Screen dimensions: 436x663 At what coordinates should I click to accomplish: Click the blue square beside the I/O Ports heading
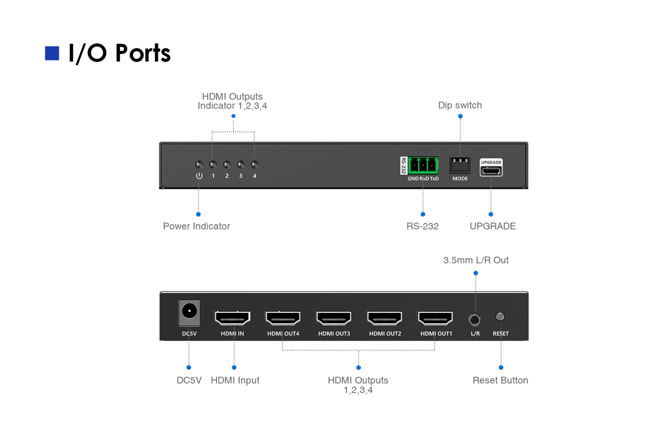pyautogui.click(x=52, y=53)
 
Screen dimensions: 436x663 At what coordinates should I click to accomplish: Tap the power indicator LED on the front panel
pyautogui.click(x=199, y=165)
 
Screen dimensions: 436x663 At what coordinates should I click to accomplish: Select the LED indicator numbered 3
pyautogui.click(x=240, y=165)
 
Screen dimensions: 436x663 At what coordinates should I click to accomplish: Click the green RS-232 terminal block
pyautogui.click(x=423, y=165)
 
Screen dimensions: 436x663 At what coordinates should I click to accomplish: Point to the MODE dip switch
pyautogui.click(x=460, y=165)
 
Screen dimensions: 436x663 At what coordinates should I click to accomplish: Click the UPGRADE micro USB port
pyautogui.click(x=491, y=170)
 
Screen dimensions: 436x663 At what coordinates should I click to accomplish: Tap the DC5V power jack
pyautogui.click(x=189, y=312)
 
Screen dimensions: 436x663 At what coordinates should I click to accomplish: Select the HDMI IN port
pyautogui.click(x=232, y=318)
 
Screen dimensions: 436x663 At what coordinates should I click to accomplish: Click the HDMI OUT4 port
pyautogui.click(x=283, y=318)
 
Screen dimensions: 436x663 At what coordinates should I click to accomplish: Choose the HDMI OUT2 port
pyautogui.click(x=385, y=318)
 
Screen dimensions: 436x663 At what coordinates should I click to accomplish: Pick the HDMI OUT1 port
pyautogui.click(x=436, y=318)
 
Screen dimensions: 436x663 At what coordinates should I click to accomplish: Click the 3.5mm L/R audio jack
pyautogui.click(x=475, y=319)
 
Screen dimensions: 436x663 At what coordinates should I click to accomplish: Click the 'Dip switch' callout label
pyautogui.click(x=460, y=105)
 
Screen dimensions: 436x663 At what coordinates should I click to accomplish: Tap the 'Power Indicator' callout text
pyautogui.click(x=197, y=226)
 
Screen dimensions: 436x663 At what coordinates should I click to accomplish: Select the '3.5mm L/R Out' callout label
pyautogui.click(x=476, y=260)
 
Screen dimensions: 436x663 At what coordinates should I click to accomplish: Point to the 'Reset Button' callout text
pyautogui.click(x=500, y=380)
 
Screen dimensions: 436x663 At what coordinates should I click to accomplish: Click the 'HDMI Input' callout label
pyautogui.click(x=235, y=380)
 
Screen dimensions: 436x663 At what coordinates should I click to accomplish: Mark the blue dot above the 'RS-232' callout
pyautogui.click(x=423, y=214)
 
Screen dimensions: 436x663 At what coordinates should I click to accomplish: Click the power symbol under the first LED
pyautogui.click(x=199, y=176)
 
